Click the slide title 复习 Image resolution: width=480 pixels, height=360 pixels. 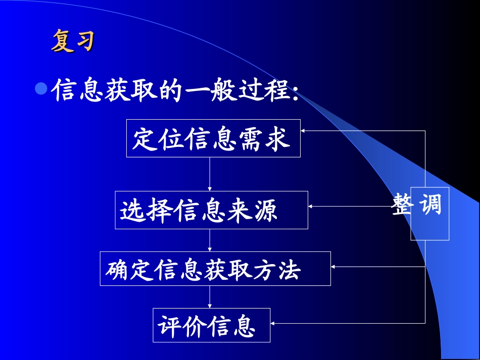73,41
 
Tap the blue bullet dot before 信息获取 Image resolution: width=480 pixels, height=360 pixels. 41,89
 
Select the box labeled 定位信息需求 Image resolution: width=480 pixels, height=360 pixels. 213,138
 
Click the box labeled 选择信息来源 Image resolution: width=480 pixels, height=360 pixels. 211,210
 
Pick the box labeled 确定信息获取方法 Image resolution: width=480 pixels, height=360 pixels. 215,269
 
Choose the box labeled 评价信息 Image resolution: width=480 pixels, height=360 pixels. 211,325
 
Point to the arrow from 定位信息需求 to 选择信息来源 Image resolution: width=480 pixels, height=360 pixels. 210,174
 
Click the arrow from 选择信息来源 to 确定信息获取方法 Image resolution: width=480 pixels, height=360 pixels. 210,240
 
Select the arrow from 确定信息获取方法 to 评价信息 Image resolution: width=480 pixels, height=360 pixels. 210,297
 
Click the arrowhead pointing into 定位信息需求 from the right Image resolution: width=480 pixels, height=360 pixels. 304,131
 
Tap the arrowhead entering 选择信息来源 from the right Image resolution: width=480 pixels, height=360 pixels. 312,206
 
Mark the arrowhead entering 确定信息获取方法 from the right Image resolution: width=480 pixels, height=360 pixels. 334,266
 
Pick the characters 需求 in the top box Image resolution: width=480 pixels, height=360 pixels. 274,139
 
